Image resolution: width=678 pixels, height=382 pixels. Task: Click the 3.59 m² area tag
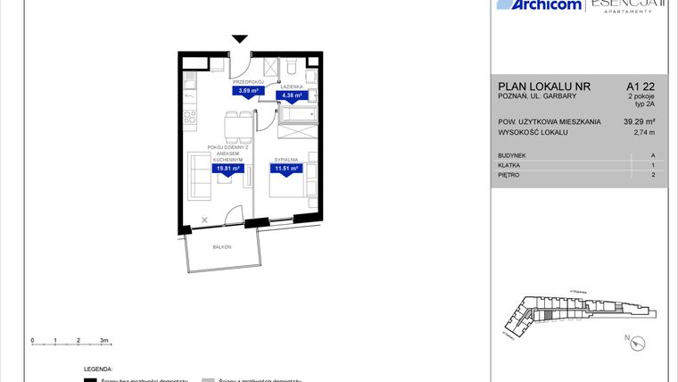pos(246,90)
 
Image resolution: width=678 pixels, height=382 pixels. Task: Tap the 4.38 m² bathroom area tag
pos(292,95)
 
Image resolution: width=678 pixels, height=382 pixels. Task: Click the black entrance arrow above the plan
pos(240,39)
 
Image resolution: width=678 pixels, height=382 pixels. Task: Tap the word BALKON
pos(222,246)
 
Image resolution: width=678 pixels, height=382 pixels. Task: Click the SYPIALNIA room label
pos(286,158)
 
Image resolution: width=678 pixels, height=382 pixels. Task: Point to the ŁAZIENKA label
pos(292,86)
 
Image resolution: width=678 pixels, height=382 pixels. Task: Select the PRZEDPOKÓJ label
pos(246,81)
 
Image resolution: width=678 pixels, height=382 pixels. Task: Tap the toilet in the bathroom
pos(292,68)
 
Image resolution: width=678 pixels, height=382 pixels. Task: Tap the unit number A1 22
pos(641,86)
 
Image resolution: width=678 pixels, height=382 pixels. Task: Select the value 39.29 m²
pos(640,121)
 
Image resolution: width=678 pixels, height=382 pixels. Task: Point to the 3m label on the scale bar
pos(104,341)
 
